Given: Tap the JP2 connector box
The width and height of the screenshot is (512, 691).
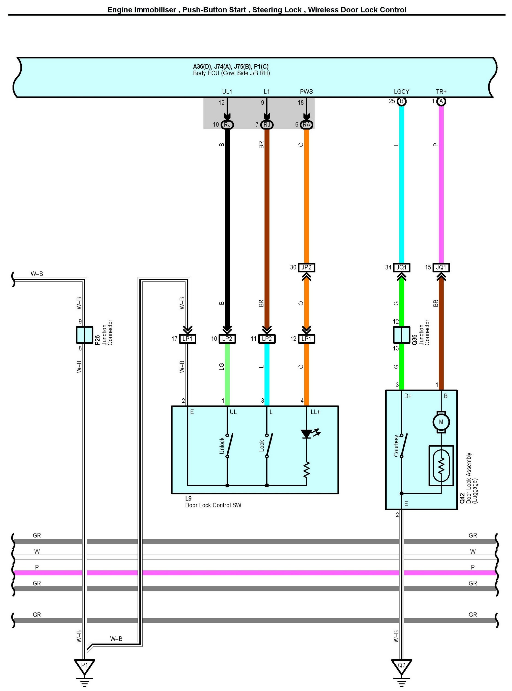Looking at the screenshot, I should pos(306,267).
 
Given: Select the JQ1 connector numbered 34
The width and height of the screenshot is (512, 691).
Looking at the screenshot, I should pos(401,267).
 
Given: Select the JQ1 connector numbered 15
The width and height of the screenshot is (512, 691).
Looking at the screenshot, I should pos(441,267).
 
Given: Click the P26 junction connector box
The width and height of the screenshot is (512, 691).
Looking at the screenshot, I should pos(84,335).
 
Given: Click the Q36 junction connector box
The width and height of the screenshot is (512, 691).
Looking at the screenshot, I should pos(401,335).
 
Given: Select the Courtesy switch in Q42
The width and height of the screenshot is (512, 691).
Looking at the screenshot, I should pos(403,445).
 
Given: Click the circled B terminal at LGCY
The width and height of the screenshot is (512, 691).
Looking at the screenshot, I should pos(401,101).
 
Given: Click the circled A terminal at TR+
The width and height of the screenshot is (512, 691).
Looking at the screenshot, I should pos(441,101).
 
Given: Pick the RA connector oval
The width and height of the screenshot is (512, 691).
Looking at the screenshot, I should pos(306,125).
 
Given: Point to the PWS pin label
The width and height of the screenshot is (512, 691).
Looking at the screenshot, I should pos(306,92).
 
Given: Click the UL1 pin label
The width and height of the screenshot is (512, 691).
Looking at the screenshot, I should pos(227,92).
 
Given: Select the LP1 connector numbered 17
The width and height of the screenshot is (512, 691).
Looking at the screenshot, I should pos(188,339).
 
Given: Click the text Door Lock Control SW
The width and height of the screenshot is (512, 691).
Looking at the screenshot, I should pos(213,505).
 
